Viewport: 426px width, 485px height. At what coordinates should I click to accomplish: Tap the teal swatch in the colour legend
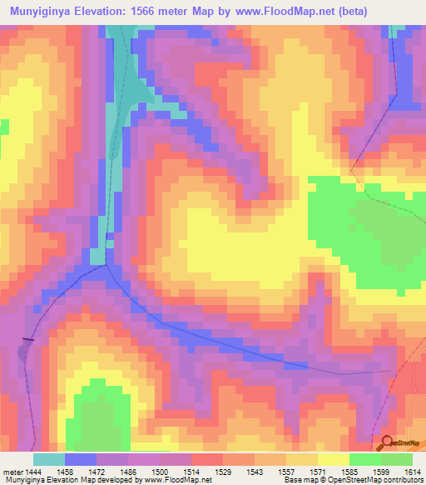(49, 458)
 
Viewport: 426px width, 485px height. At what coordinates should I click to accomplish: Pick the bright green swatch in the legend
(397, 458)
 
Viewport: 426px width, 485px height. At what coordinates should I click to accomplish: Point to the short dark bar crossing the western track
(28, 339)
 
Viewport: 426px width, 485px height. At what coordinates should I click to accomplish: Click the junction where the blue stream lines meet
(106, 266)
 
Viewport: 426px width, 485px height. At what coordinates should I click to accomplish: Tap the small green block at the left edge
(4, 127)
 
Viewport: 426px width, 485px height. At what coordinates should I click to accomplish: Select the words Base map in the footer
(296, 481)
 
